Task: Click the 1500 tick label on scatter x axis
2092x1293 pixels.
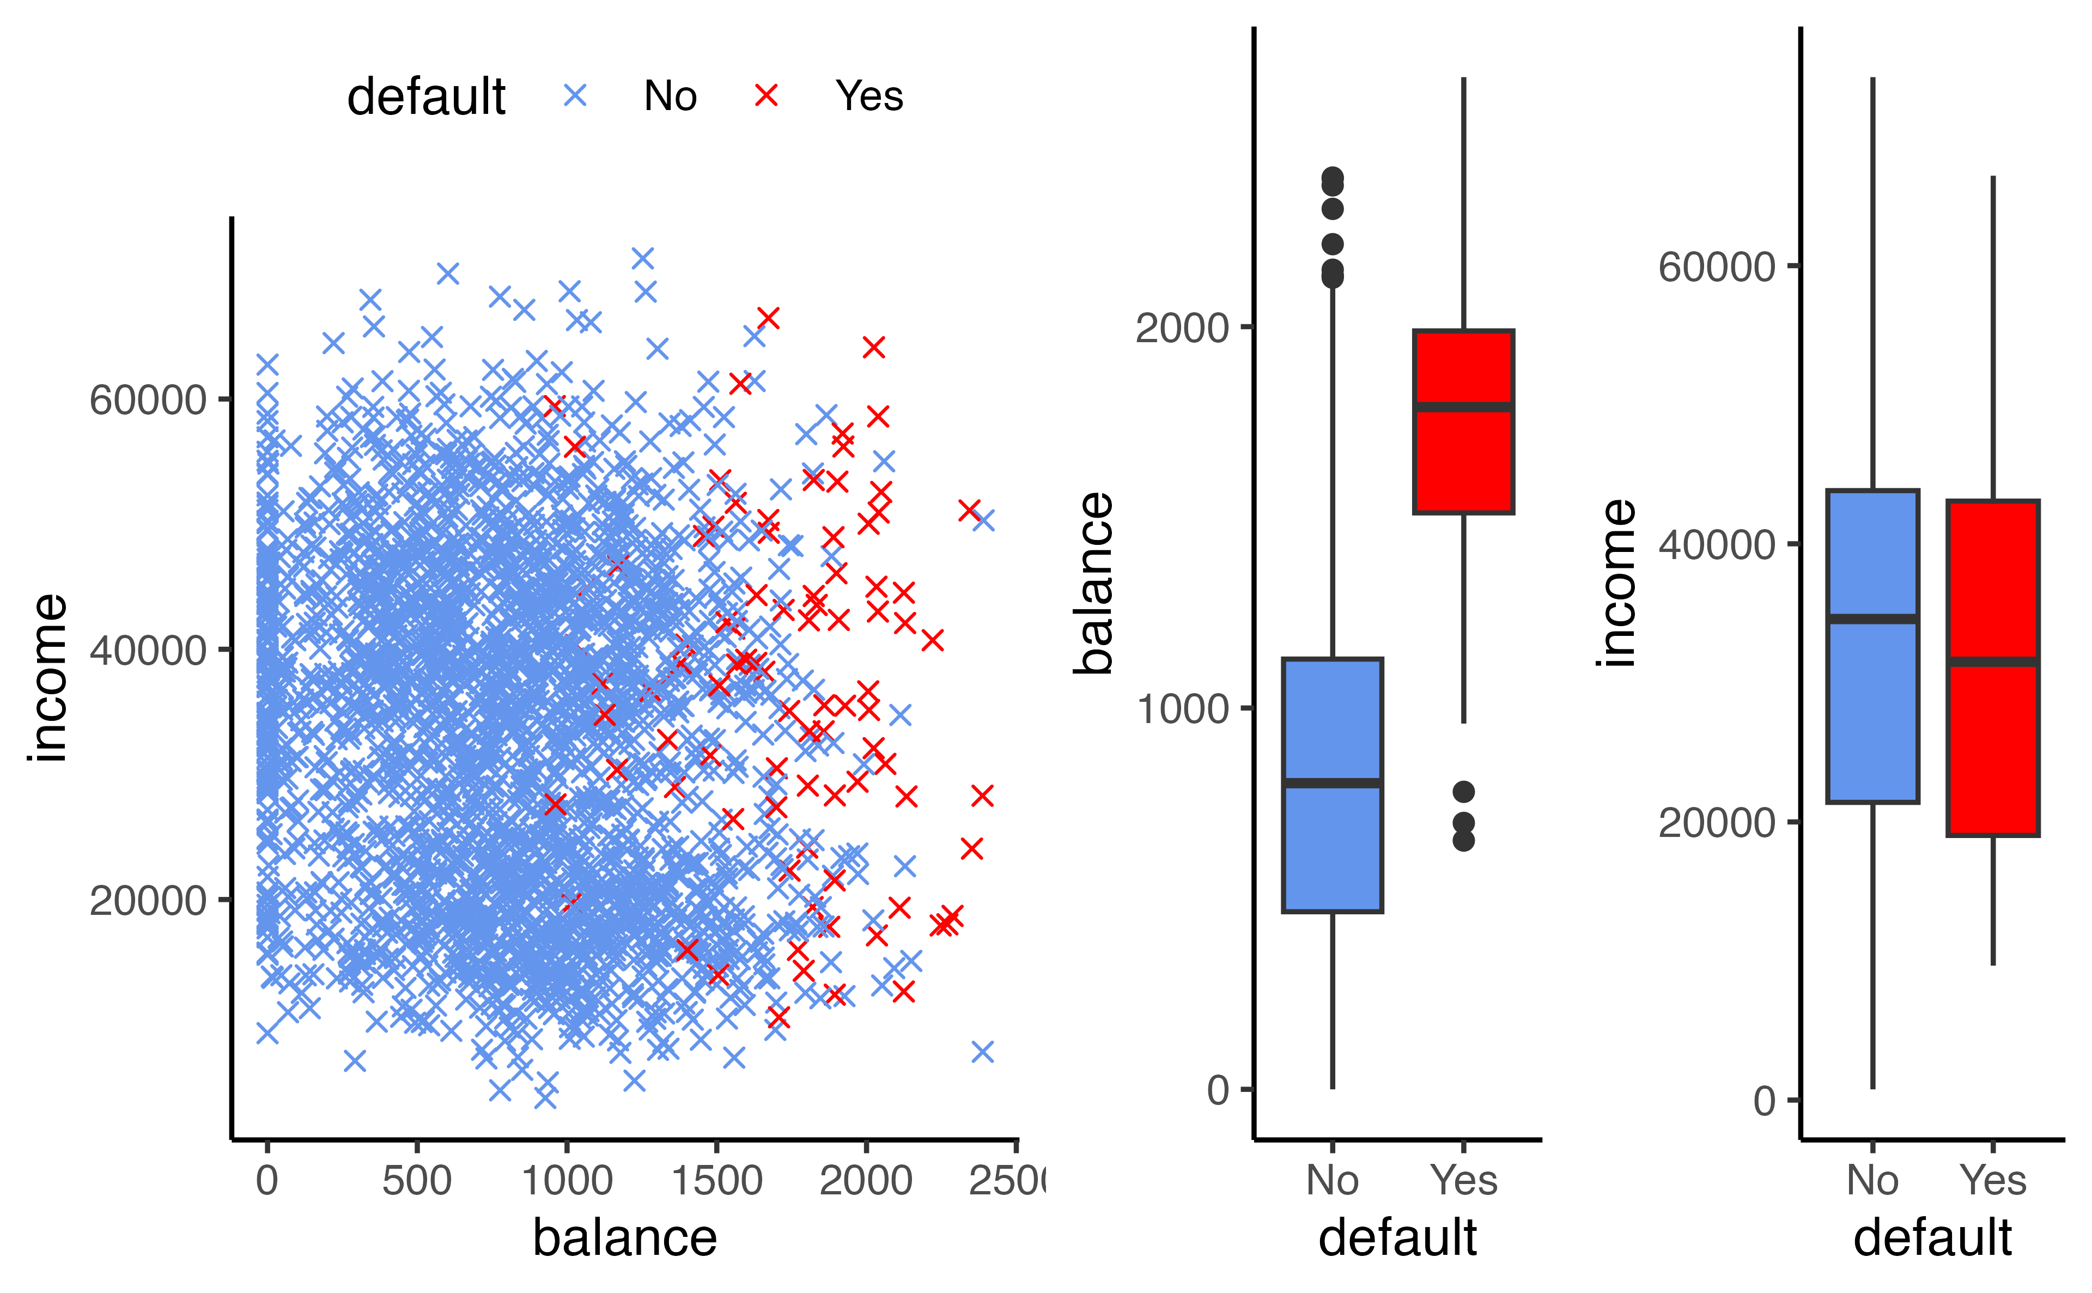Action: click(716, 1181)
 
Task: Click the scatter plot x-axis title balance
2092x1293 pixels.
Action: click(625, 1237)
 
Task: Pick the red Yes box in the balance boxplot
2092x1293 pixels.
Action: click(1464, 462)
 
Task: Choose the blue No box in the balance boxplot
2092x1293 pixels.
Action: click(1332, 847)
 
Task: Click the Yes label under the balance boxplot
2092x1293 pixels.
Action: click(1464, 1181)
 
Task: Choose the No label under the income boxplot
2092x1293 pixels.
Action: click(1872, 1181)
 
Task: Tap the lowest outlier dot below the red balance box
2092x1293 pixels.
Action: click(1464, 841)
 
